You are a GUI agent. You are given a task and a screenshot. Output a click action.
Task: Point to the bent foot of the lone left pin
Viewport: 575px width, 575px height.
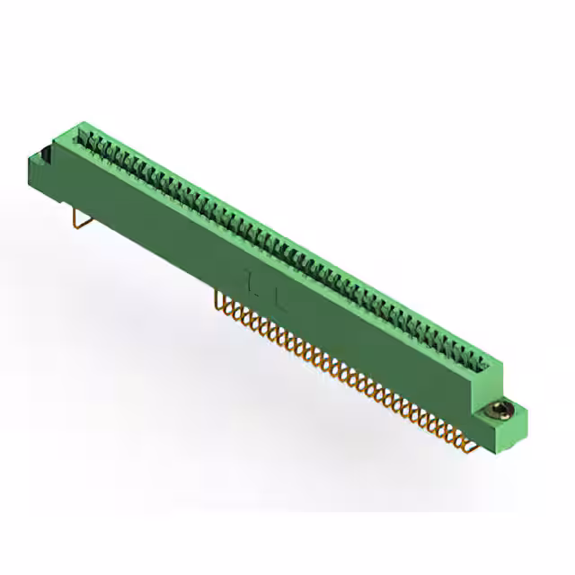pos(81,226)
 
